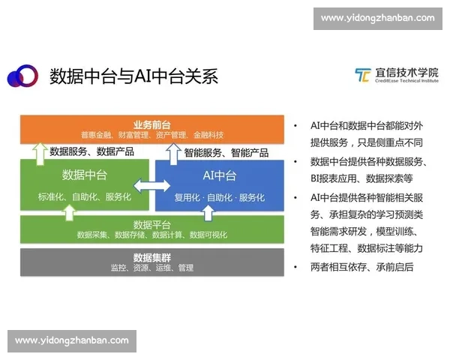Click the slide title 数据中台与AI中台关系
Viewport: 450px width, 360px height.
point(133,76)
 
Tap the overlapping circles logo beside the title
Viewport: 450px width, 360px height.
point(22,76)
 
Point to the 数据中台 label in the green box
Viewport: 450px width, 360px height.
point(83,175)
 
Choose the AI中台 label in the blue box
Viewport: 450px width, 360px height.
point(220,175)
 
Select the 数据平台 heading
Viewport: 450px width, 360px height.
point(152,223)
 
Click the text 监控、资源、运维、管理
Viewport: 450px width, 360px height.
point(152,268)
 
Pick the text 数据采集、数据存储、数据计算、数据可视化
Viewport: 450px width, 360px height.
point(152,235)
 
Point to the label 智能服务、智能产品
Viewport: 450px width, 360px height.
point(226,151)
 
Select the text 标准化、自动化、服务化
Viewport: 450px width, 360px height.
point(85,197)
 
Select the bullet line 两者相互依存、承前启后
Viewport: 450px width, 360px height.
point(361,267)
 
